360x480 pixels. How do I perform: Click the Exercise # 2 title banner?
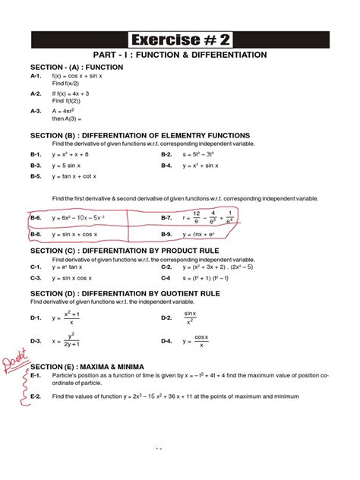coord(179,38)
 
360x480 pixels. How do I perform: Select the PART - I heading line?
coord(179,55)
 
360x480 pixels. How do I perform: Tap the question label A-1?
coord(36,77)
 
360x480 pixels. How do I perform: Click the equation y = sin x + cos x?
coord(79,235)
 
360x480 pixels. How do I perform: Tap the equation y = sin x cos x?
coord(76,278)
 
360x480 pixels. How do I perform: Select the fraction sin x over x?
coord(190,317)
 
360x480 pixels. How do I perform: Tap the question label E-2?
coord(36,396)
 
